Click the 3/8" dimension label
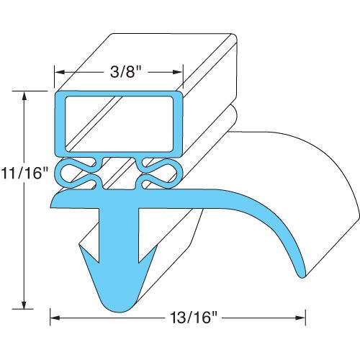119,73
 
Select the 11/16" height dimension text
25,174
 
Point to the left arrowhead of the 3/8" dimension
60,73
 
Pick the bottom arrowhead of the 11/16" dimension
25,305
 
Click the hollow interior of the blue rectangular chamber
119,124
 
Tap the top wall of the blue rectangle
119,94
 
